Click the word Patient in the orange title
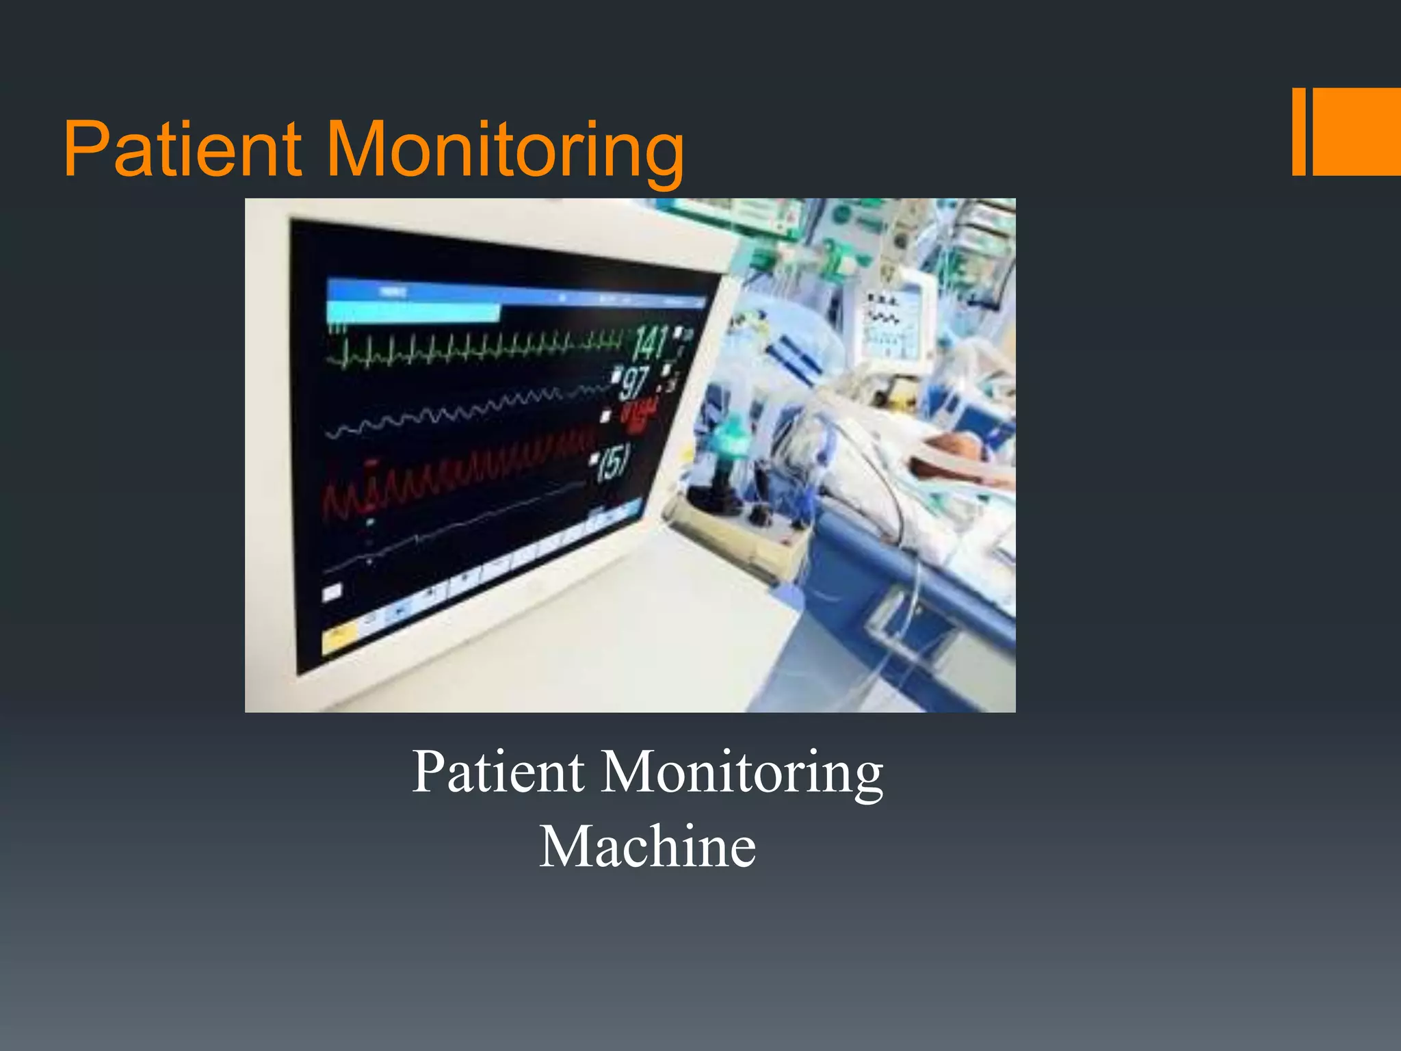pos(182,148)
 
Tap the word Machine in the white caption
pos(647,847)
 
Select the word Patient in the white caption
pos(498,772)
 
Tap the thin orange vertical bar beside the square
pos(1298,131)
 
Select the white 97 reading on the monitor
pos(634,382)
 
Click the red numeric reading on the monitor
pos(639,415)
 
